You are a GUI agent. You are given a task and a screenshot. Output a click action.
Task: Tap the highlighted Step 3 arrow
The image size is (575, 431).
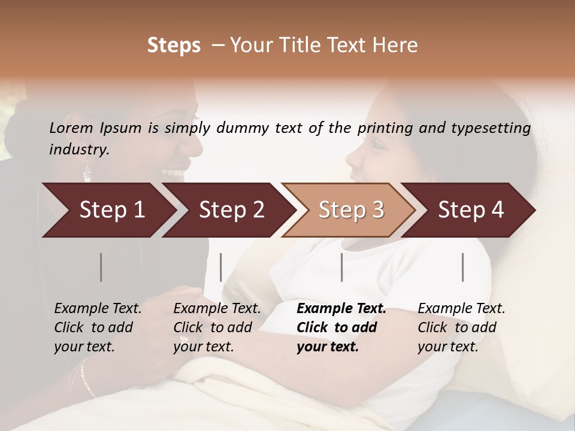[x=350, y=210]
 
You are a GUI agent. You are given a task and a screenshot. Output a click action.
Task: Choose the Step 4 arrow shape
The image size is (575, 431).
[x=471, y=210]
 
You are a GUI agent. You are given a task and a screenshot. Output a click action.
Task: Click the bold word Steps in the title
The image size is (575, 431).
[x=174, y=45]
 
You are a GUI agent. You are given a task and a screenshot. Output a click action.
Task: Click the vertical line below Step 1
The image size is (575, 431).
[x=101, y=267]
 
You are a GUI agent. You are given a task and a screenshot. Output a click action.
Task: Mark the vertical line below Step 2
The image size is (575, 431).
[x=221, y=267]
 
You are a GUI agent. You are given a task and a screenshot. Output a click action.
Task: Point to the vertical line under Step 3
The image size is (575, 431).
[x=342, y=267]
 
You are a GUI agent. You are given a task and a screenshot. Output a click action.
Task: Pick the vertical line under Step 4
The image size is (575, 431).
[x=463, y=267]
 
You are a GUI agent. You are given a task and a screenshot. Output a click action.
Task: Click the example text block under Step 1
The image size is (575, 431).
[x=98, y=327]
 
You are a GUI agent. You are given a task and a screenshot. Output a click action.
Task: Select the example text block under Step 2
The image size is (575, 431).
[x=217, y=327]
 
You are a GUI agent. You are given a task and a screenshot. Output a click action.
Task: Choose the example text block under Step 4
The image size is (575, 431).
[x=461, y=327]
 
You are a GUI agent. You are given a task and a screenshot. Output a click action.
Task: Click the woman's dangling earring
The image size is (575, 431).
[x=87, y=172]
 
